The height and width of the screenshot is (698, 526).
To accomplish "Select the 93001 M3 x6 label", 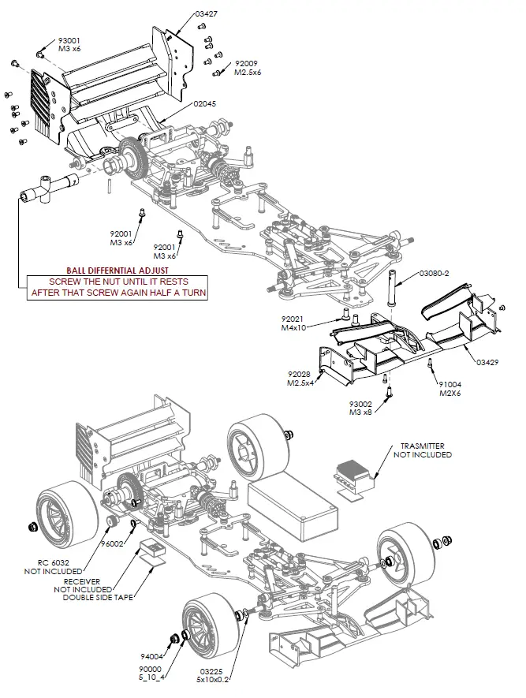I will (69, 44).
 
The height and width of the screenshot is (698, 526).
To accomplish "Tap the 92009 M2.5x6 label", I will (247, 67).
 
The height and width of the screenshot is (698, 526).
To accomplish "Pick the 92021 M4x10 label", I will (293, 323).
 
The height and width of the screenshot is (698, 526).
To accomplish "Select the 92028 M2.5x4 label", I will (302, 379).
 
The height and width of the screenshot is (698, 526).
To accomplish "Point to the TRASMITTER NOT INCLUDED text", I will (425, 450).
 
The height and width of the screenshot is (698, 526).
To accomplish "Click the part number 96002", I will (113, 543).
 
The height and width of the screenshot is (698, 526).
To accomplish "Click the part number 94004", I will (152, 655).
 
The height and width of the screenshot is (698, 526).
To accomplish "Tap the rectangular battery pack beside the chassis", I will (293, 501).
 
